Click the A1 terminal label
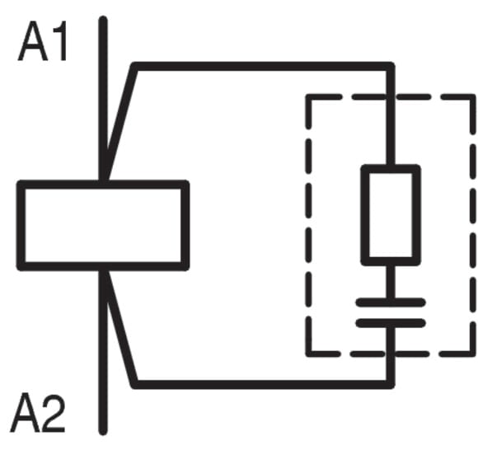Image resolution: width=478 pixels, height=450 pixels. (43, 41)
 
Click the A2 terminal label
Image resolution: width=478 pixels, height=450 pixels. (38, 412)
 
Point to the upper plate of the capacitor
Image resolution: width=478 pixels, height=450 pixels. (391, 302)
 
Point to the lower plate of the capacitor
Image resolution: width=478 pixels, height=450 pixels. (391, 323)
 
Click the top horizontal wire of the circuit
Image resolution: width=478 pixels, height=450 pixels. (263, 67)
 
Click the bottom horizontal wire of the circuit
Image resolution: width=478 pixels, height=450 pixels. (263, 384)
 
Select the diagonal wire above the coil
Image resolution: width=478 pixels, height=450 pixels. (119, 122)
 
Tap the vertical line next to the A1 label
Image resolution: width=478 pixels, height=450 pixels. (103, 98)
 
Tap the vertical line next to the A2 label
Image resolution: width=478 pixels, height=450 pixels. (103, 353)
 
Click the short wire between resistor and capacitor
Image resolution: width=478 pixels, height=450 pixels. (391, 282)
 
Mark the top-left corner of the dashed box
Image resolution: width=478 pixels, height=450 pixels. (308, 97)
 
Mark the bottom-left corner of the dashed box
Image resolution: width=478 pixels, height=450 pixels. (308, 354)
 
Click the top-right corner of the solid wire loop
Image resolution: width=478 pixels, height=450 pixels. (391, 67)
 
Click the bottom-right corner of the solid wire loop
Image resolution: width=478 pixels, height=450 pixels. (391, 384)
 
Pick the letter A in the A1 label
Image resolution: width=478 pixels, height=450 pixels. (33, 42)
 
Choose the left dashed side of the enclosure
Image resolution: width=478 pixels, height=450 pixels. (308, 225)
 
